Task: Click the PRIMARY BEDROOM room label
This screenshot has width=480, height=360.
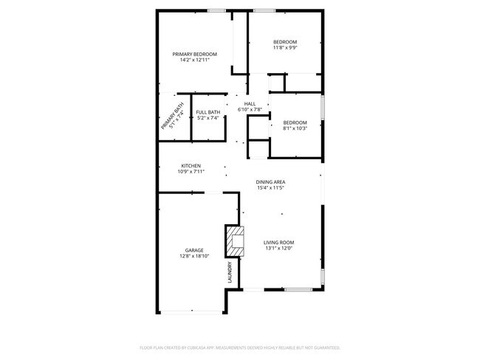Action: [x=195, y=54]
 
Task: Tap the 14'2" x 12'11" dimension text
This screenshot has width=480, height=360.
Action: [x=195, y=60]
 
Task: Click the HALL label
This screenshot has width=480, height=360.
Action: [x=250, y=104]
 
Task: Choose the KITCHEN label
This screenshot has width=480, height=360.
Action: [x=191, y=165]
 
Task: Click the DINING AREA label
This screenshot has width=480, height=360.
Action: [x=270, y=182]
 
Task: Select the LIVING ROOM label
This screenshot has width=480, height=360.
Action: [x=279, y=242]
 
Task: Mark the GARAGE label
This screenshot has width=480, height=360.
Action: [x=194, y=251]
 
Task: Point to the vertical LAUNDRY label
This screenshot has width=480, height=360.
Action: [x=230, y=272]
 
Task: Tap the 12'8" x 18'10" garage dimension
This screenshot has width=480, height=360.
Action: [x=194, y=257]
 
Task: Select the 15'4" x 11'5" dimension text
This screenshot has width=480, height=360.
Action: [x=270, y=188]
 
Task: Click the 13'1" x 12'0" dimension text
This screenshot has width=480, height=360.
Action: [x=279, y=249]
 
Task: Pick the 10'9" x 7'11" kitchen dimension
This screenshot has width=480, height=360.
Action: [x=191, y=171]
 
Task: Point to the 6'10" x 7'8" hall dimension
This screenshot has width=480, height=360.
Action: [x=250, y=110]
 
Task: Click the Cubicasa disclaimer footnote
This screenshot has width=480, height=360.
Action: [x=240, y=346]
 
